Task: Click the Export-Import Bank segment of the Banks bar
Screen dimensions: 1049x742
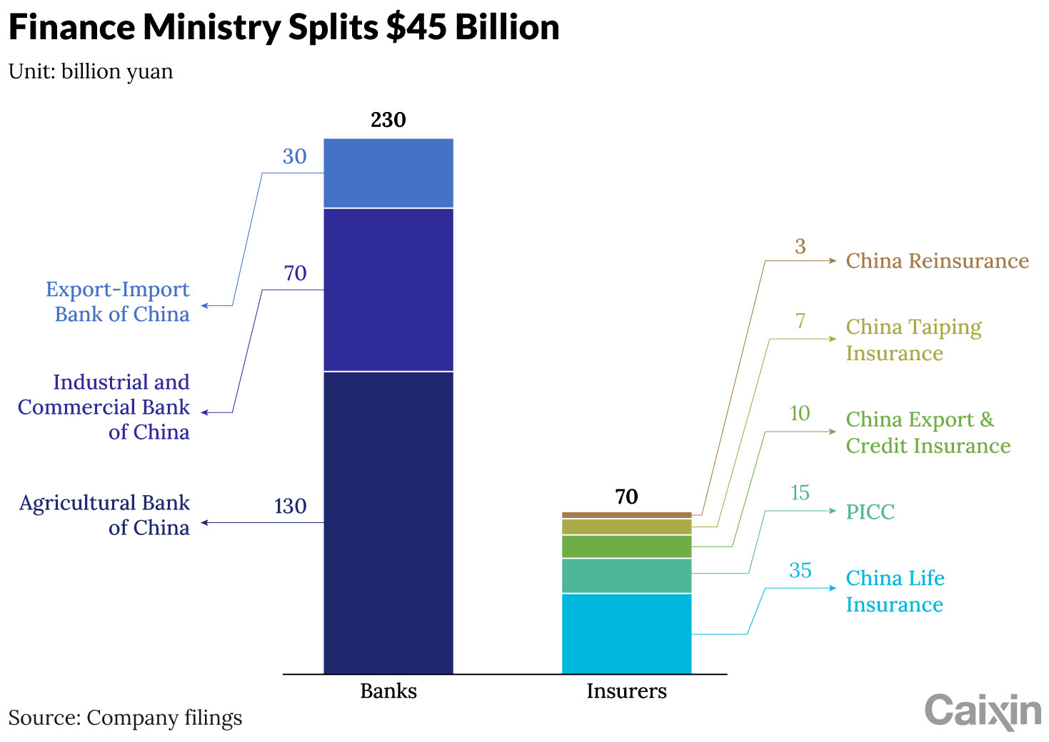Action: [388, 173]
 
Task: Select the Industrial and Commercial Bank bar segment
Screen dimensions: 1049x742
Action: [388, 290]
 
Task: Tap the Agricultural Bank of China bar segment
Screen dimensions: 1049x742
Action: [388, 522]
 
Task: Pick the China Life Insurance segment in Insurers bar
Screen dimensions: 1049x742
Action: [626, 634]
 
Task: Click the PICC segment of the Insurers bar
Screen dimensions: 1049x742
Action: [626, 576]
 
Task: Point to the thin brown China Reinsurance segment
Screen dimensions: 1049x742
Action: [626, 515]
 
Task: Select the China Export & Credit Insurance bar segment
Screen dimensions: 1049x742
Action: [626, 547]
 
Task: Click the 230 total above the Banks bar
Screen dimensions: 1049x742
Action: [388, 120]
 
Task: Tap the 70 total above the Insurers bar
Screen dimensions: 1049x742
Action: [626, 497]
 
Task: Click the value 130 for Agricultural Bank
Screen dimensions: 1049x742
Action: [291, 506]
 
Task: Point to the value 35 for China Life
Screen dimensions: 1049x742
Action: [800, 570]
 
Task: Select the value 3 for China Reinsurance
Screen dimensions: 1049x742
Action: [800, 246]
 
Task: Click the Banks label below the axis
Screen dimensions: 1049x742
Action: [388, 691]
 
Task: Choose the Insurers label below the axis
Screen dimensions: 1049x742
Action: [626, 691]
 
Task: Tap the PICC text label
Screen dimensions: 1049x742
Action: [870, 512]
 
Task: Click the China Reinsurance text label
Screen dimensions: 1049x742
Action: [937, 260]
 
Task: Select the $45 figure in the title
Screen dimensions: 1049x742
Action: [416, 27]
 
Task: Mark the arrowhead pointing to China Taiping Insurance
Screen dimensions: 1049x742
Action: [833, 339]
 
